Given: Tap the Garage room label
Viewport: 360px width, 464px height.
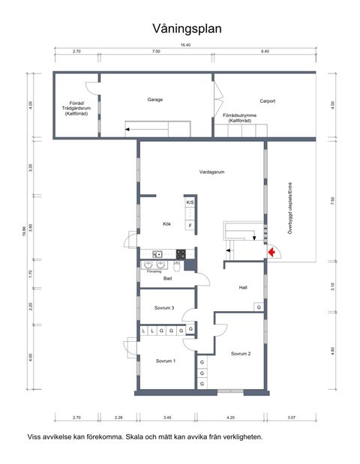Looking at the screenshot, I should (x=155, y=100).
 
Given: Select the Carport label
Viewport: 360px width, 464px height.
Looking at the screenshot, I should (x=268, y=100).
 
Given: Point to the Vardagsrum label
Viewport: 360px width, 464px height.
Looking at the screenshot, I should (x=213, y=172).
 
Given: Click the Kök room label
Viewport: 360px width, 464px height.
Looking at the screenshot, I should (x=167, y=223).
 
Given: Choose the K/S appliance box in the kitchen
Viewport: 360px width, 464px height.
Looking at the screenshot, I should (x=190, y=203).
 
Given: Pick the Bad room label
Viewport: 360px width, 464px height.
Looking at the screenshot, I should (x=167, y=278).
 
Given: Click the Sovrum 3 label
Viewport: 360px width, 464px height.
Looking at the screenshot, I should (x=164, y=308).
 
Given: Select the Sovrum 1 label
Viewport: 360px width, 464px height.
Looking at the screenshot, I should (x=165, y=361).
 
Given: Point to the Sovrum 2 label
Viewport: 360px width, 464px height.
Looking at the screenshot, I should (x=240, y=353).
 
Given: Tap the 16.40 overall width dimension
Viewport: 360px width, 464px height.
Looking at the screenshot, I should (x=185, y=45).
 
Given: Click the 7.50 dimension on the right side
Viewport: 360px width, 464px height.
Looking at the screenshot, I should (x=333, y=200).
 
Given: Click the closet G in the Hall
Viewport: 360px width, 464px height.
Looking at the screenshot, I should (x=259, y=307).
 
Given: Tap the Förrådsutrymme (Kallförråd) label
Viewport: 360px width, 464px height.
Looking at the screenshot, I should (x=240, y=118).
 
